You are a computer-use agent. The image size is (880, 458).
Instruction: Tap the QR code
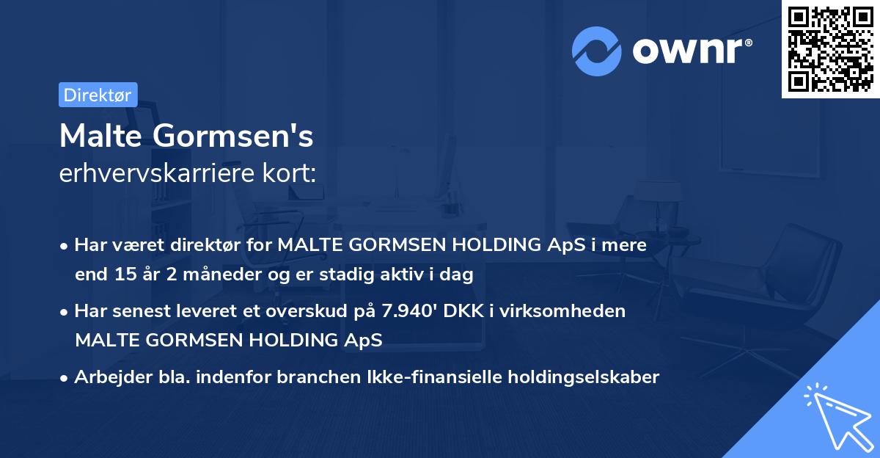pos(829,49)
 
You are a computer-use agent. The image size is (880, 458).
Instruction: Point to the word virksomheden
pos(577,311)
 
